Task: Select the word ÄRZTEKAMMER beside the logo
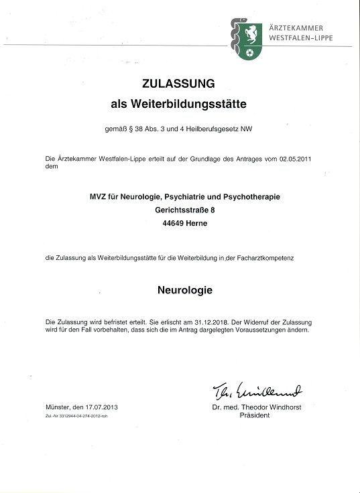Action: pos(296,28)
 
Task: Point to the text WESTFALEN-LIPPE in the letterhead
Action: pos(300,38)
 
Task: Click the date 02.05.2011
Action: pos(295,159)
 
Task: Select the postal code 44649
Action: pos(168,224)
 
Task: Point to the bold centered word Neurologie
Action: pos(185,291)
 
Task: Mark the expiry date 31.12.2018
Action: pos(212,322)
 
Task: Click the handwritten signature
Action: pos(257,391)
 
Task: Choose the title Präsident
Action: pos(255,415)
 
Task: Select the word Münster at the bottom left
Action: pos(58,407)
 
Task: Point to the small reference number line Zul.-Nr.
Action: pos(76,416)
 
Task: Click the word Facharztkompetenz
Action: pos(276,257)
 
